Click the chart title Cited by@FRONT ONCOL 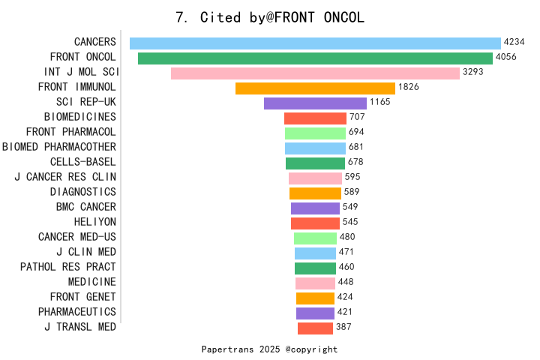(x=270, y=17)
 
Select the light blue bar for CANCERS (x=315, y=43)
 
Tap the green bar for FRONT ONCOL (x=315, y=58)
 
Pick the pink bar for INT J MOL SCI (x=315, y=73)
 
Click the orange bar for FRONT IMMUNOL (x=315, y=88)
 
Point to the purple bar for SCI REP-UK (x=315, y=103)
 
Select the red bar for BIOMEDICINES (x=315, y=118)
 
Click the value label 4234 (x=514, y=43)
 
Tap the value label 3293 (x=473, y=73)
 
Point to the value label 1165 (x=380, y=103)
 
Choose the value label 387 (x=343, y=327)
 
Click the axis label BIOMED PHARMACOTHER (x=59, y=147)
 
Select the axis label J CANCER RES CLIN (x=65, y=177)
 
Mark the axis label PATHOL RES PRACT (x=68, y=267)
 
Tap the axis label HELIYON (x=95, y=222)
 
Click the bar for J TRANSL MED (x=315, y=328)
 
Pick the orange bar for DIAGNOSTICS (x=315, y=193)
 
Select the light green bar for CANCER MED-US (x=315, y=238)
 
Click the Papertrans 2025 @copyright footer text (x=270, y=349)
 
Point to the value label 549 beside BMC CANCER (x=351, y=207)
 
